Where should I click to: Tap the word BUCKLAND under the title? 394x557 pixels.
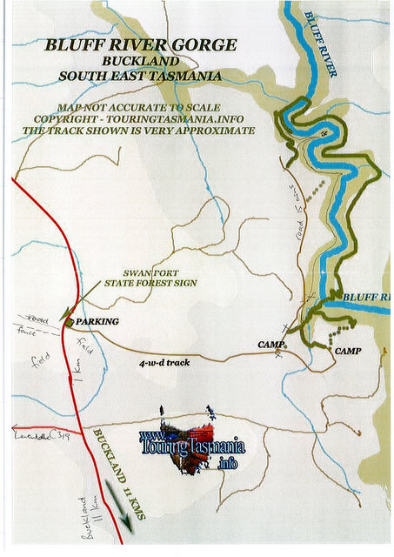(140, 61)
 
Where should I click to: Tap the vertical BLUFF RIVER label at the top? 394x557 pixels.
(323, 44)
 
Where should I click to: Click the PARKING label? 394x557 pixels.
(97, 322)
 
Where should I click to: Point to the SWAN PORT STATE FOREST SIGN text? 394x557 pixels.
(150, 278)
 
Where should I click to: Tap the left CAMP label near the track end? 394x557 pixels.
(271, 346)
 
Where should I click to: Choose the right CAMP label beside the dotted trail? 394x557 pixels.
(347, 350)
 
